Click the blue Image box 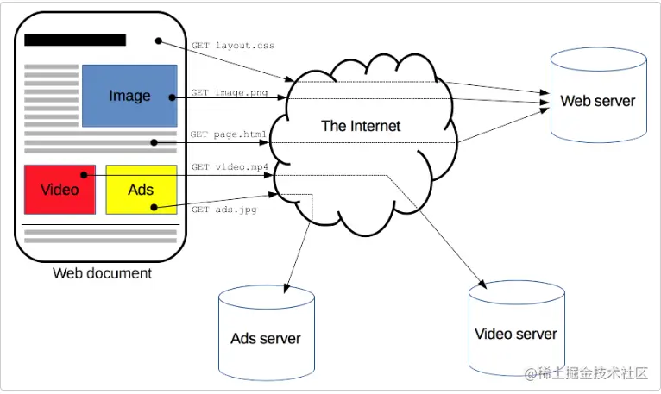129,95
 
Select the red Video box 59,189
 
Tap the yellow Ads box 141,189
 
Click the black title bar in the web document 75,40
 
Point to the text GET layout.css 233,45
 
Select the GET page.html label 229,135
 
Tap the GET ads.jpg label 224,210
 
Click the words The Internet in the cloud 361,126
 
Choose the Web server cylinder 598,95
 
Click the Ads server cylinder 266,332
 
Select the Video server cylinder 516,328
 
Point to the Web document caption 102,273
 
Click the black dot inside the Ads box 153,207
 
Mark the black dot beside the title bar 158,41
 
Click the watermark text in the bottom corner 587,373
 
